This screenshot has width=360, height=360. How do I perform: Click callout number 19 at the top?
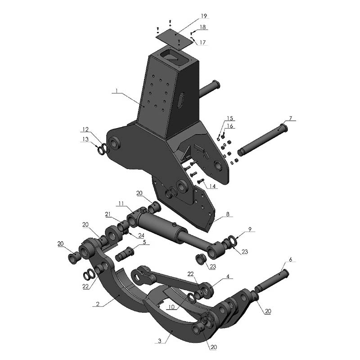pos(203,16)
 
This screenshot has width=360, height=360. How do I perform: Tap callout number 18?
pos(203,27)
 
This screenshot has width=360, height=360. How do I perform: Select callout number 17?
pos(202,42)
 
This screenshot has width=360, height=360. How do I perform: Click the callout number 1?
pos(116,91)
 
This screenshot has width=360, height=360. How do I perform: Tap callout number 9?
pos(250,229)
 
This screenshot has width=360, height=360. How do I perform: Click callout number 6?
pos(290,260)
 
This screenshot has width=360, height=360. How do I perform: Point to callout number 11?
pos(121,204)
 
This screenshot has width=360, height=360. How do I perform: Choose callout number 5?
pos(145,242)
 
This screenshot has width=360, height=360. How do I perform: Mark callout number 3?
pos(160,342)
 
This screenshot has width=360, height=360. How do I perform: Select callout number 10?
pos(171,307)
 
